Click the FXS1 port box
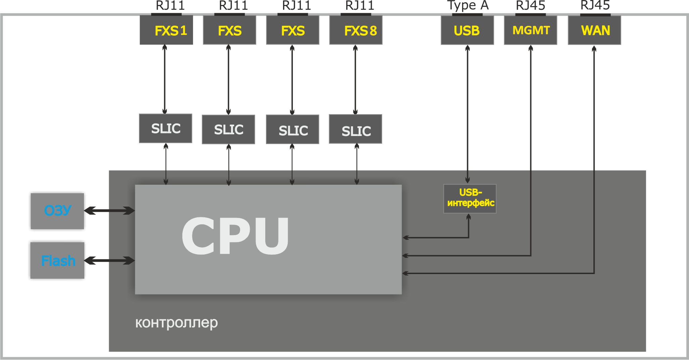click(x=167, y=30)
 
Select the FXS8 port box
click(x=356, y=30)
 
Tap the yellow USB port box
click(x=467, y=30)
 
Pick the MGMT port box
click(x=531, y=30)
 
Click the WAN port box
click(x=594, y=30)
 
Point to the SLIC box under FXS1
click(x=166, y=128)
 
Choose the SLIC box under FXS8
click(x=356, y=129)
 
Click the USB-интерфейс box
click(x=470, y=198)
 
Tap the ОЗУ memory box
click(x=57, y=211)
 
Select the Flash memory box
click(x=57, y=260)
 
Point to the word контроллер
click(x=177, y=323)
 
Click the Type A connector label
click(x=467, y=6)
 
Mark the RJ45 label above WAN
click(x=595, y=5)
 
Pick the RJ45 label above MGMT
click(x=531, y=6)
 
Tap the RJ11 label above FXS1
click(x=170, y=6)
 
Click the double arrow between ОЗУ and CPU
click(x=109, y=211)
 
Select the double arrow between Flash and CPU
click(x=109, y=260)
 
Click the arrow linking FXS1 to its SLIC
click(x=165, y=79)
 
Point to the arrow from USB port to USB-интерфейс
click(x=467, y=114)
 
